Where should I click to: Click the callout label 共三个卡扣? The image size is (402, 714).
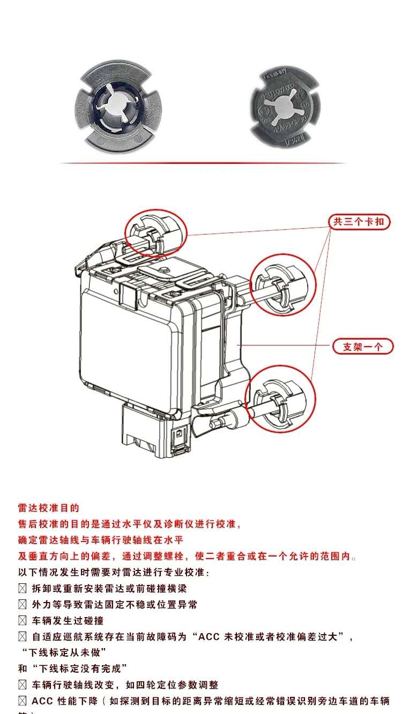(359, 221)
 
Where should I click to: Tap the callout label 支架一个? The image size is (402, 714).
(363, 347)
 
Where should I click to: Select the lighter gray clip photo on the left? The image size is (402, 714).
(114, 106)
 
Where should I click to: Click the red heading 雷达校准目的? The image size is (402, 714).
(49, 508)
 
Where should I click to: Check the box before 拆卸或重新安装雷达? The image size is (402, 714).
(23, 588)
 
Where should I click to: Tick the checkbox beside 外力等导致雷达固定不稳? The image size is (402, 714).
(23, 604)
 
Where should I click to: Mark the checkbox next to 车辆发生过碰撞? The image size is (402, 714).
(23, 620)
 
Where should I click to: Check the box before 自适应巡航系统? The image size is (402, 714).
(23, 637)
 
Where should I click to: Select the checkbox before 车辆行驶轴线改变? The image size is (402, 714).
(23, 685)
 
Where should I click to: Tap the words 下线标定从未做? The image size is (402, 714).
(64, 652)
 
